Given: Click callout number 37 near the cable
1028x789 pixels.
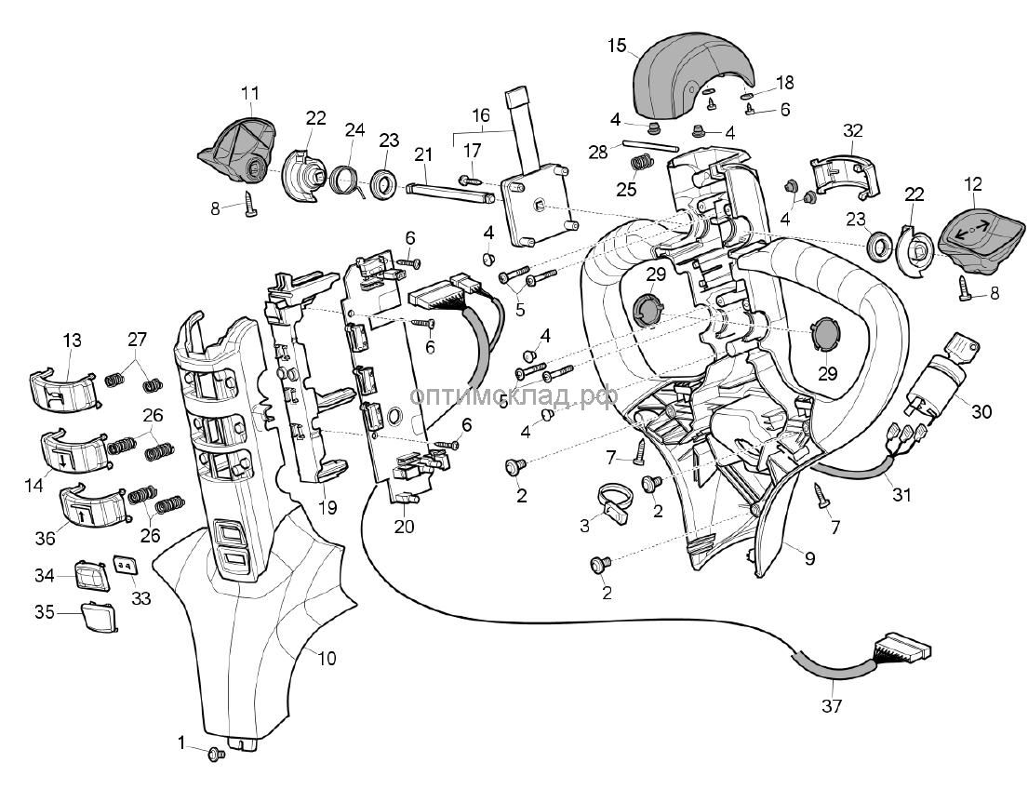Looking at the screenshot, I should click(832, 706).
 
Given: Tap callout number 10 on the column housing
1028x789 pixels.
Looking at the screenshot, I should click(327, 659).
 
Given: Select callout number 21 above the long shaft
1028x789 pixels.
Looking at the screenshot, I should click(423, 154).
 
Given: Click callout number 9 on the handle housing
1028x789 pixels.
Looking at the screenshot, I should click(809, 559).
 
